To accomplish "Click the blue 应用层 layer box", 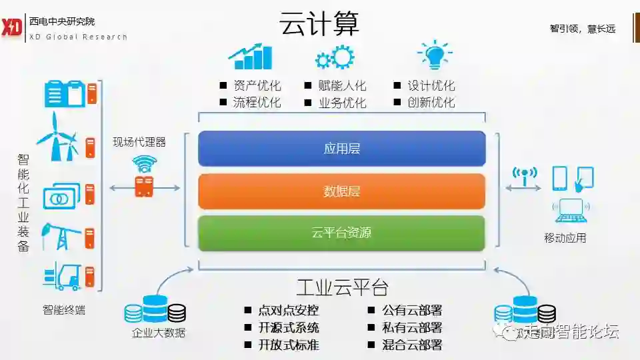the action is (341, 149).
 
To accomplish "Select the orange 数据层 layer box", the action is (341, 191).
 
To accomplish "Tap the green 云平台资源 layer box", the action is (341, 233).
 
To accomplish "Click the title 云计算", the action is (319, 25).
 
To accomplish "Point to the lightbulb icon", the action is (434, 55).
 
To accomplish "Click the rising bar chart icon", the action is (251, 57).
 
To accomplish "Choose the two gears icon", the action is (335, 57).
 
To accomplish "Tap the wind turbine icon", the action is (56, 137).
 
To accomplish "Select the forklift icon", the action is (61, 275).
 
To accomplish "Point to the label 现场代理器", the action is (139, 141).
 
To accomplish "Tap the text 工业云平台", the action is (342, 287).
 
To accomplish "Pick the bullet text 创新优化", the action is (431, 103).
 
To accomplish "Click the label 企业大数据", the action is (158, 333).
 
